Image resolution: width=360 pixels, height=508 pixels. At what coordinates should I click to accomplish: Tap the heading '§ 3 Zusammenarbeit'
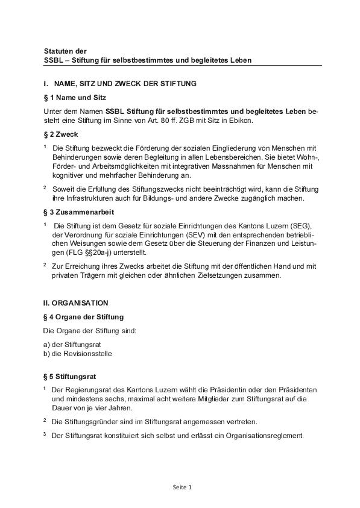coord(78,213)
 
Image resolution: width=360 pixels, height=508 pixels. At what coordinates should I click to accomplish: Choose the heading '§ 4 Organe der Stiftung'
coord(84,317)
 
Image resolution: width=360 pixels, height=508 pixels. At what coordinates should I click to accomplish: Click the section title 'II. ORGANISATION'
coord(76,303)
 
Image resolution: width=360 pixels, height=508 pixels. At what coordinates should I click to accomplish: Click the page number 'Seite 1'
coord(180,487)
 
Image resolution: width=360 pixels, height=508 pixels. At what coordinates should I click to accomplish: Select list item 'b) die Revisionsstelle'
coord(78,354)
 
